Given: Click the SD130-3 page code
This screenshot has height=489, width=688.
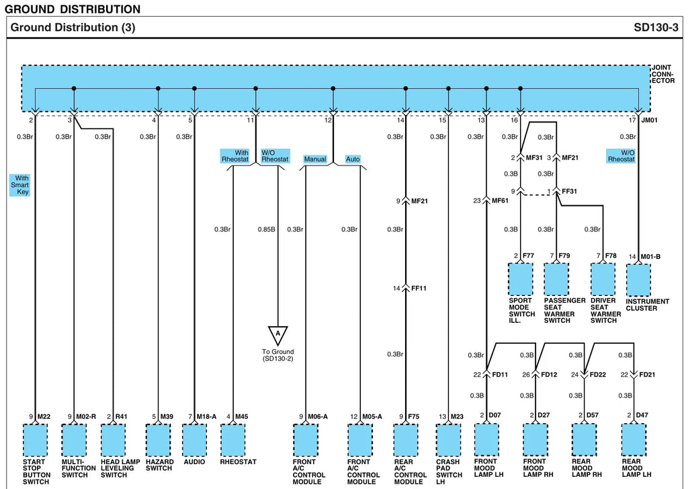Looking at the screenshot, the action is coord(656,28).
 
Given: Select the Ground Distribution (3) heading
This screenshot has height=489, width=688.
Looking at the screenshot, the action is coord(73,28).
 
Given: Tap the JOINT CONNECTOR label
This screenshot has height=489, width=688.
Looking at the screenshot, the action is coord(663,74).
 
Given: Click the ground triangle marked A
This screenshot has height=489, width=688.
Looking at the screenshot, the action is coord(277,336).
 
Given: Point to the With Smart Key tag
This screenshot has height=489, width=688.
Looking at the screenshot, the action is coord(19,185).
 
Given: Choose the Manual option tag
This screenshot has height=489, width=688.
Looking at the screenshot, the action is coord(315,159).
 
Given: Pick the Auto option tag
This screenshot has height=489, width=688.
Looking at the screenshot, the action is coord(353,159).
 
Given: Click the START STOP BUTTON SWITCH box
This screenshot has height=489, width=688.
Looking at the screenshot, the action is coord(35,440).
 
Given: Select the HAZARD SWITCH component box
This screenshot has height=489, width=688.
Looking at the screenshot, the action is coord(158,440).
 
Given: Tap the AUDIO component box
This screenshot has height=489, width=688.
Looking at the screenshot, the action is coord(194,440).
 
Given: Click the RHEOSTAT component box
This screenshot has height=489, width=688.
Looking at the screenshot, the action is coord(233,440).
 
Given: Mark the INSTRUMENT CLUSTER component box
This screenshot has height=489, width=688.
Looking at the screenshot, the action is coord(638,280).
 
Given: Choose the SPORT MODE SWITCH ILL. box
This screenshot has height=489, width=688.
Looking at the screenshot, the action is coord(521,279).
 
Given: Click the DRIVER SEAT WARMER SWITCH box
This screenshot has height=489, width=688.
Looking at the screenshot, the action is coord(603,279).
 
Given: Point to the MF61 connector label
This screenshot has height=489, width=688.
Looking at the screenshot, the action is coord(500,201).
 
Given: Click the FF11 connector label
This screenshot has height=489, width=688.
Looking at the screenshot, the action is coord(419,288).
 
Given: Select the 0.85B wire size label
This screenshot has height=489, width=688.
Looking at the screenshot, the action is coord(266,229).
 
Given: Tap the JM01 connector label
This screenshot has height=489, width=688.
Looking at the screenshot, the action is coord(650,120).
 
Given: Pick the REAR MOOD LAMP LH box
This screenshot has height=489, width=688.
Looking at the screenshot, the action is coord(634,440).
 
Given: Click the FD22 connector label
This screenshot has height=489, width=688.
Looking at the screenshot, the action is coord(597,375).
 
